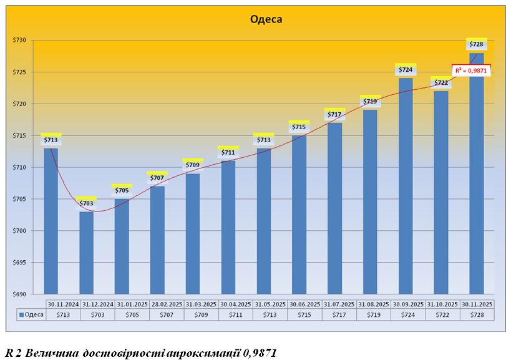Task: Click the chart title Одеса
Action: [x=266, y=19]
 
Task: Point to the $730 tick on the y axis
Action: [x=19, y=40]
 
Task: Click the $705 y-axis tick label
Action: [x=19, y=199]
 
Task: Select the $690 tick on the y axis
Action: [x=19, y=294]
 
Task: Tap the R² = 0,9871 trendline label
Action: [x=468, y=71]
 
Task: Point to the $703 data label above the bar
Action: [x=87, y=203]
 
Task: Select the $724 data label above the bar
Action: [x=406, y=69]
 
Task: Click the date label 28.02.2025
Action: [x=167, y=304]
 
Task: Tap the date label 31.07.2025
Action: [x=339, y=304]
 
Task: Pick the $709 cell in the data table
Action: [x=201, y=314]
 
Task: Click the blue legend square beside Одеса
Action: [x=22, y=314]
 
